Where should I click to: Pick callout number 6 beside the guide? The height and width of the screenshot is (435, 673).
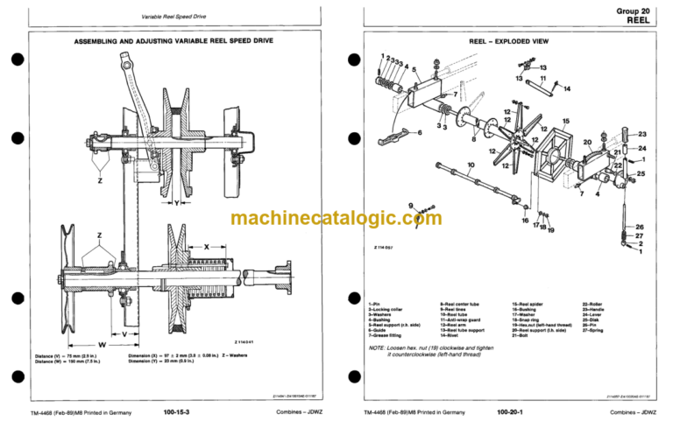coord(420,132)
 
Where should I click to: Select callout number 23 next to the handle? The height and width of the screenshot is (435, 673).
coord(641,134)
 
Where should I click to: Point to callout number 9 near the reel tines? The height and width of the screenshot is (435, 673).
coord(409,205)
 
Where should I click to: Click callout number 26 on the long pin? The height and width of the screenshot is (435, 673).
coord(640,228)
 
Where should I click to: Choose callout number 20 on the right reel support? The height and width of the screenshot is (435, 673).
coord(587,142)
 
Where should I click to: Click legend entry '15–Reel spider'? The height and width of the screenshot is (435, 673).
coord(534,302)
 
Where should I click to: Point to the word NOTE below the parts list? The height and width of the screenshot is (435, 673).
coord(379,347)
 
